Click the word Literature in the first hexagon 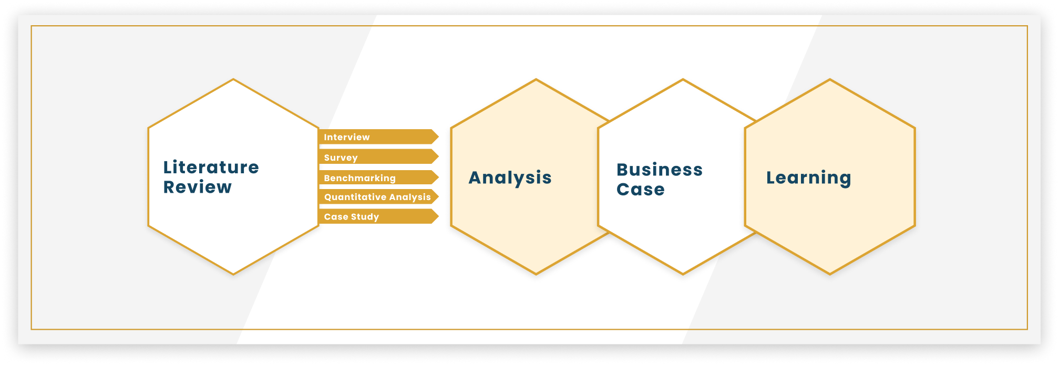[211, 167]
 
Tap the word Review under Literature [197, 187]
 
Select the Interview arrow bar [378, 137]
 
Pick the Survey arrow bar [378, 157]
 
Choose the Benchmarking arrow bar [378, 177]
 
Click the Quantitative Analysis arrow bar [378, 197]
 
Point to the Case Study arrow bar [378, 216]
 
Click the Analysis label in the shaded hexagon [510, 178]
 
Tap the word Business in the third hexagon [660, 170]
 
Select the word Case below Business [641, 189]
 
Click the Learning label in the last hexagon [808, 178]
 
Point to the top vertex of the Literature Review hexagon [233, 79]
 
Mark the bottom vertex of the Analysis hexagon [536, 274]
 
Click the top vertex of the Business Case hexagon [683, 79]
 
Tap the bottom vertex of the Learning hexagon [830, 274]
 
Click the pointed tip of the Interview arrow [438, 137]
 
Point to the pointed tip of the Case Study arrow [438, 216]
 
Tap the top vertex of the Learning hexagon [830, 79]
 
